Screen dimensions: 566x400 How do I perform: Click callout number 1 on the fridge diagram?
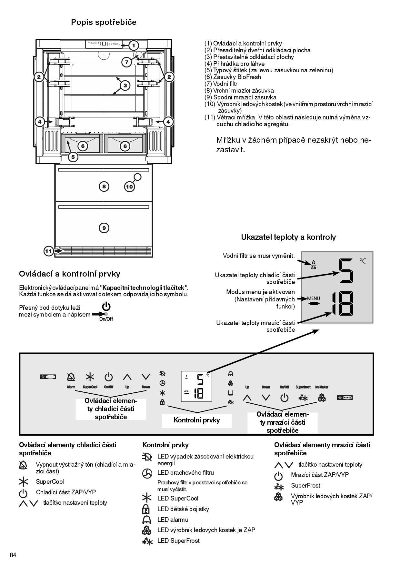coord(134,45)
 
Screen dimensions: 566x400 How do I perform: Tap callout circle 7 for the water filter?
coord(126,62)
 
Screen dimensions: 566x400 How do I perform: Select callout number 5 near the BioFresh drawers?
coord(73,157)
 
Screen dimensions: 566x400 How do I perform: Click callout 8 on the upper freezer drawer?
coord(104,186)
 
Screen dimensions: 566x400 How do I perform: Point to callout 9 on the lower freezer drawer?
coord(104,228)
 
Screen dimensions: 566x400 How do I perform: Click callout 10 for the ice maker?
coord(129,187)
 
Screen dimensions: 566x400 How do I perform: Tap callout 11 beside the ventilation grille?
coord(48,251)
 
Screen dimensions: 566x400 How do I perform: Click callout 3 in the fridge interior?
coord(125,86)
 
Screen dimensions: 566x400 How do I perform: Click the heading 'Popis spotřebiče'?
coord(104,22)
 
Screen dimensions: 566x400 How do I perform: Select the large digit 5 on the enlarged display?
coord(346,271)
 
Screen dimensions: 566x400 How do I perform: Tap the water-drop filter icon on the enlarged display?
coord(313,265)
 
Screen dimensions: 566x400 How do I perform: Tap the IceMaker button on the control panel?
coord(322,398)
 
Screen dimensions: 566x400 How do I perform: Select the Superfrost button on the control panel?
coord(303,398)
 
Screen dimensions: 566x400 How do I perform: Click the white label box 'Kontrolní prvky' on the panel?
coord(197,420)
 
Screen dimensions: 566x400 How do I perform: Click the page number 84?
coord(13,555)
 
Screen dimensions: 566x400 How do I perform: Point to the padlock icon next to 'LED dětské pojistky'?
coord(146,510)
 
